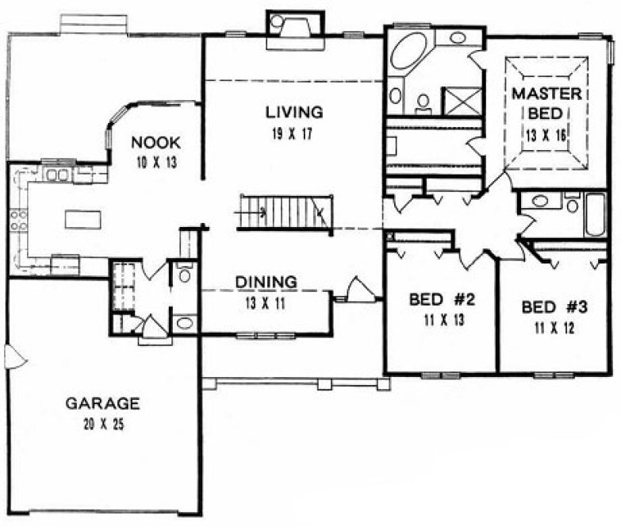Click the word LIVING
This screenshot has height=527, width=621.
[x=293, y=111]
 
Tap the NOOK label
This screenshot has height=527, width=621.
[x=155, y=143]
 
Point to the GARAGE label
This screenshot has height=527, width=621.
[x=102, y=402]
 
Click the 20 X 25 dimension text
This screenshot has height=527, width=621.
[x=102, y=423]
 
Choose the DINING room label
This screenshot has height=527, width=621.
[x=266, y=282]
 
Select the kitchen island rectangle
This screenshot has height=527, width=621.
[x=78, y=218]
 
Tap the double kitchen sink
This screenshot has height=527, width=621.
[x=56, y=175]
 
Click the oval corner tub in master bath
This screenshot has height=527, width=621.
[x=408, y=53]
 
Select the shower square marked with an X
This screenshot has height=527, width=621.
[x=461, y=101]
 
